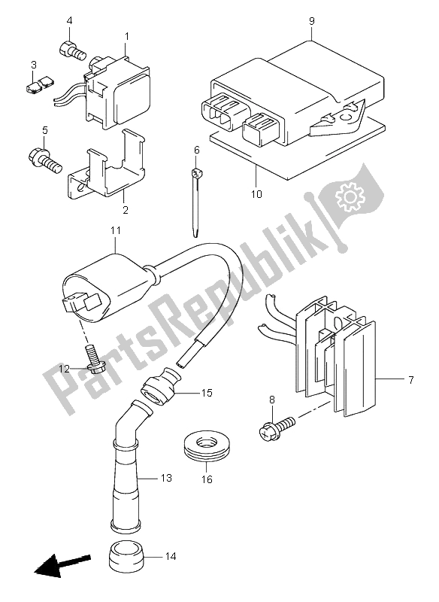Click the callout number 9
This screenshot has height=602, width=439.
click(x=311, y=21)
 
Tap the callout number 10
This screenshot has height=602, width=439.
click(x=256, y=194)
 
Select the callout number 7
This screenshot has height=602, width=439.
click(x=410, y=380)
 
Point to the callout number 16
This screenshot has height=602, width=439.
click(x=207, y=479)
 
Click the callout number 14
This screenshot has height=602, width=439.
click(x=171, y=556)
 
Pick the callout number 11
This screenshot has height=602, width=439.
click(x=116, y=230)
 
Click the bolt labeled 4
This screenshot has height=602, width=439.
click(x=72, y=51)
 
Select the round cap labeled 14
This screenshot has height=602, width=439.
click(x=127, y=556)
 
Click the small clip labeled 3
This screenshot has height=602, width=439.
click(x=39, y=84)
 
